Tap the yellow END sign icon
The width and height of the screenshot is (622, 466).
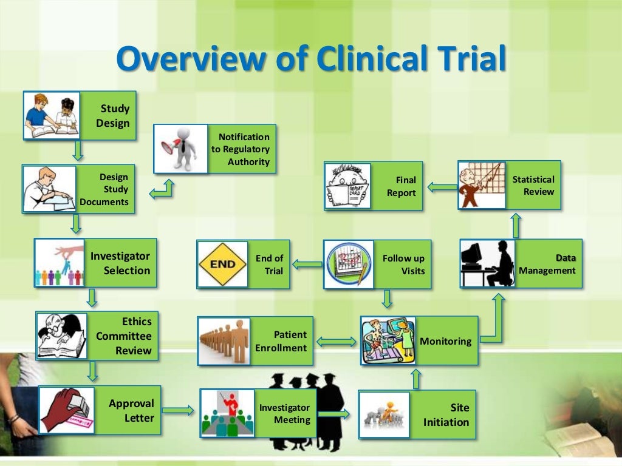[222, 265]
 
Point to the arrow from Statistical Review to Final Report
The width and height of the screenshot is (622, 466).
[442, 187]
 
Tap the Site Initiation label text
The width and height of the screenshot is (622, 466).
[446, 415]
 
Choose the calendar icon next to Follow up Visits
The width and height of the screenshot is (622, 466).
[348, 265]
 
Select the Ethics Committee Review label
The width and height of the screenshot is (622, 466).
[124, 336]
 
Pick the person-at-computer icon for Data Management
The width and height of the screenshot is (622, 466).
[488, 263]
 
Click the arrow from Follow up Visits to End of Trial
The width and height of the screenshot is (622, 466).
[307, 264]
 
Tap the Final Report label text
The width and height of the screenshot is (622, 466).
[402, 186]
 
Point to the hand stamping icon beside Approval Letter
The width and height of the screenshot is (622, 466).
[67, 410]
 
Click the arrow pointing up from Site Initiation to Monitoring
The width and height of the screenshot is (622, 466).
[416, 379]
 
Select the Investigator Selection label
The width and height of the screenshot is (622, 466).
[120, 263]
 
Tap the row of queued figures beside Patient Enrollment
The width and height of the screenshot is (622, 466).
[224, 341]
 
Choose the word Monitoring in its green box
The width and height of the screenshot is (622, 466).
[445, 341]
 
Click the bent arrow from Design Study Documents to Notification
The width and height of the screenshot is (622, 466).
[162, 189]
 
